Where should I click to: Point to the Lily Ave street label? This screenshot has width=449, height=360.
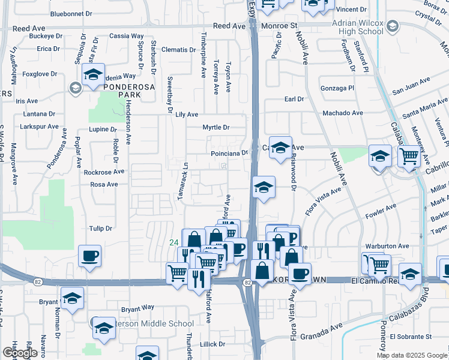(187, 114)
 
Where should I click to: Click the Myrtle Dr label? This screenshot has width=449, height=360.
(216, 127)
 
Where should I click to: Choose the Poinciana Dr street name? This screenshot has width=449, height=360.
(229, 153)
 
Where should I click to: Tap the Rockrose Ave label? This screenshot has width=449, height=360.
(104, 172)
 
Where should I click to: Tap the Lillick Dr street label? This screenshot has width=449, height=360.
(213, 344)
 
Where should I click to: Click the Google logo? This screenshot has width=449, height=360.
(20, 353)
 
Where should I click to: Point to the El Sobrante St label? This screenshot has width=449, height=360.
(411, 337)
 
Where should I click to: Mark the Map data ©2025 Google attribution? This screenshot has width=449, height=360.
(412, 355)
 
